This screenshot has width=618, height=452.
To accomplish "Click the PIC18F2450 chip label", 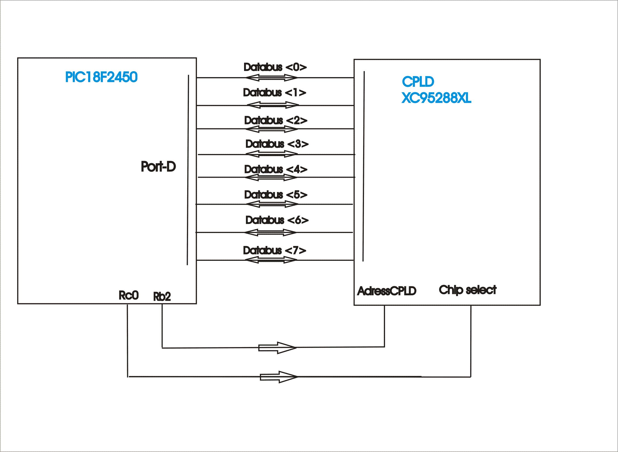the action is (x=101, y=77).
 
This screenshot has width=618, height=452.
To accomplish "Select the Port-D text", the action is (x=158, y=166).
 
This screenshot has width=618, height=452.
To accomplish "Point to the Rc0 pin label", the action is (x=129, y=295).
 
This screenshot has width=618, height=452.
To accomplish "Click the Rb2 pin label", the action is (x=162, y=297).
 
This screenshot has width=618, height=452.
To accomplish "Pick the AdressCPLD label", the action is (x=387, y=291).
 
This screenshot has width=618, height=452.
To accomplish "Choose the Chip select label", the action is (x=467, y=290).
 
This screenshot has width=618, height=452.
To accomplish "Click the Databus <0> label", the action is (x=275, y=67).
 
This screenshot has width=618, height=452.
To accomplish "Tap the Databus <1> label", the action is (x=275, y=93).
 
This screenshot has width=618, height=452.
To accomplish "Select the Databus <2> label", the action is (x=276, y=120).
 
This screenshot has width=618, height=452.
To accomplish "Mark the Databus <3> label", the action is (x=277, y=144).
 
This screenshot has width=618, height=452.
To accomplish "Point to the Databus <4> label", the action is (x=276, y=169).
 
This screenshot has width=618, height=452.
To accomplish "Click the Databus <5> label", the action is (x=276, y=194).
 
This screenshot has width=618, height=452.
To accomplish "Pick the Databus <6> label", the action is (x=277, y=220).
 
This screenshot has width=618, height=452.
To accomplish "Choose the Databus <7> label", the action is (x=275, y=250).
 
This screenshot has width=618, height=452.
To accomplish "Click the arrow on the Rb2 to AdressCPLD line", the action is (x=277, y=348).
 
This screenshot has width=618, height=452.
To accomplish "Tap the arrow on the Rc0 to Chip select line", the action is (x=279, y=377).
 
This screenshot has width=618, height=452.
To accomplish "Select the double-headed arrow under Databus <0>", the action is (x=271, y=78).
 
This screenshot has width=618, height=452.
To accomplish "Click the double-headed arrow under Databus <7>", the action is (x=270, y=260).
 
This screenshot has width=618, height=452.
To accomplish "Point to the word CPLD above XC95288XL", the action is (x=418, y=81).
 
